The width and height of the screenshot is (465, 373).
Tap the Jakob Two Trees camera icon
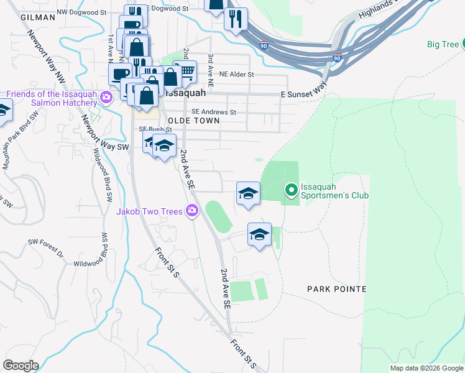(192, 211)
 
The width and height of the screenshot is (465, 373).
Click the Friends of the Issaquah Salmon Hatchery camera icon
(107, 97)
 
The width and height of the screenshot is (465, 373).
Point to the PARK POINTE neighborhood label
(337, 289)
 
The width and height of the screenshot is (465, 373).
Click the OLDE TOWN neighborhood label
(193, 121)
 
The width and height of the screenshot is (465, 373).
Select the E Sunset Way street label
(304, 93)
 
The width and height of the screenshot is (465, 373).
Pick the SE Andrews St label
(214, 113)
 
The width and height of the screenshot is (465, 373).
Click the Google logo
(21, 366)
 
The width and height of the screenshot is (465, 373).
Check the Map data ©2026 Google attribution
(426, 368)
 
